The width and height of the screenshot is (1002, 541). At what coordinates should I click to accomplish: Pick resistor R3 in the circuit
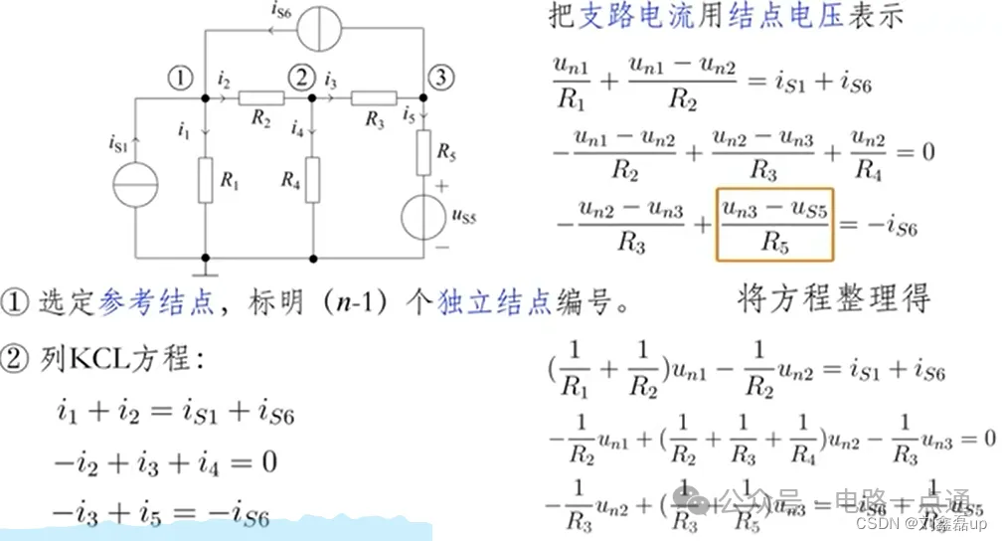(x=374, y=98)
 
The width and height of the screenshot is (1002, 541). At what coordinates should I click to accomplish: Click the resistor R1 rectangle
(x=205, y=181)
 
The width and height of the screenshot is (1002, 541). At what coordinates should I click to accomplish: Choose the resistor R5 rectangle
(x=424, y=150)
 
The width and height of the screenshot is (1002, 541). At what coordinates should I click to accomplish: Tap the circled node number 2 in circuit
(x=298, y=76)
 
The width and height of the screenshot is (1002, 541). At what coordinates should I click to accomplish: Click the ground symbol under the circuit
(x=205, y=267)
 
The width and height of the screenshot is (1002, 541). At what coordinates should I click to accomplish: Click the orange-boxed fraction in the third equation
(x=772, y=224)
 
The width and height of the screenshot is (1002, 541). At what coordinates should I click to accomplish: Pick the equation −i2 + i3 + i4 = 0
(x=165, y=462)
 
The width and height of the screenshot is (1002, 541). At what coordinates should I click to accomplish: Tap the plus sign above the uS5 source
(x=440, y=186)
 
